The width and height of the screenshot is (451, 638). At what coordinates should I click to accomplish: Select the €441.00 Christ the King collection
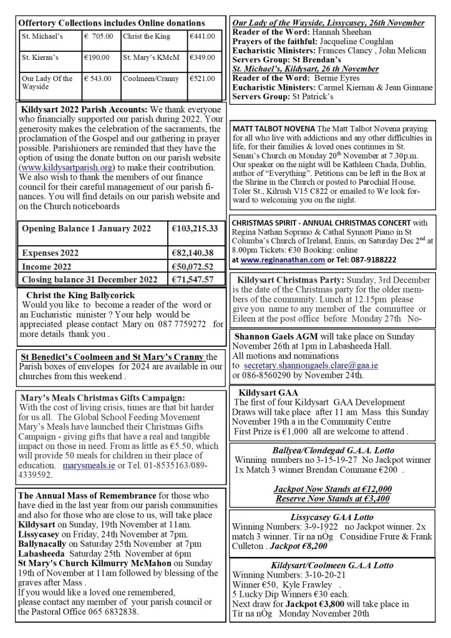[x=202, y=36]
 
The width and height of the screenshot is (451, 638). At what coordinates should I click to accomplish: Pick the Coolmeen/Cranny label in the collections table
[x=150, y=79]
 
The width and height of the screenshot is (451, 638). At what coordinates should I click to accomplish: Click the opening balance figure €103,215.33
[x=194, y=229]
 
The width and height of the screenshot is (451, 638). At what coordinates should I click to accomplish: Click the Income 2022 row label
[x=47, y=266]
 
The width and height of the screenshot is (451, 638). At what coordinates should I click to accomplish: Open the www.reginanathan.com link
[x=275, y=259]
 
